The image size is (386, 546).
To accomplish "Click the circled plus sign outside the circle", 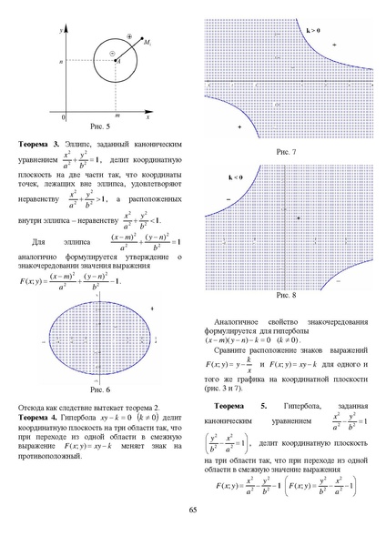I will click(x=129, y=37).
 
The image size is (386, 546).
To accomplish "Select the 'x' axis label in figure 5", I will click(x=148, y=117).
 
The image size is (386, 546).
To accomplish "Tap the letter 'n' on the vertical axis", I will click(x=58, y=62).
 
